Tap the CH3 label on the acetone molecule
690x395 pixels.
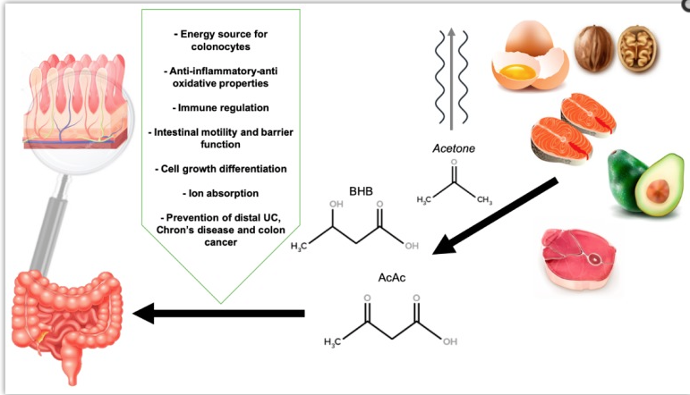486,200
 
